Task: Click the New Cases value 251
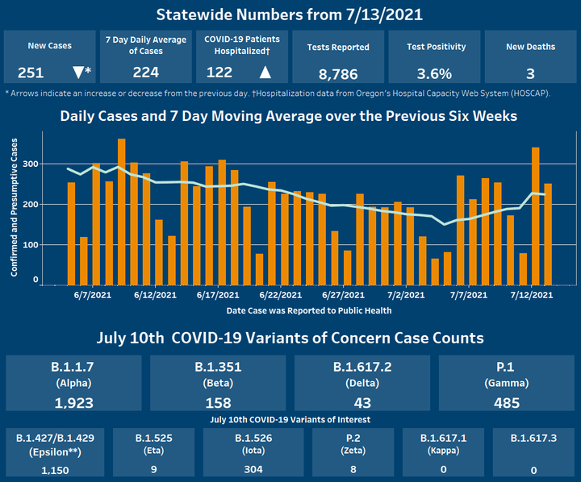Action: (31, 73)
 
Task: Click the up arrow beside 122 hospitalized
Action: (265, 73)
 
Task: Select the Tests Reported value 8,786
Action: (339, 74)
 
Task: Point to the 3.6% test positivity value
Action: (434, 73)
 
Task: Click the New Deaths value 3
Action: (530, 73)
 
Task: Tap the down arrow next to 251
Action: (77, 73)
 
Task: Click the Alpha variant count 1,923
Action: (73, 403)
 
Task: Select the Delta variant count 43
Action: (362, 403)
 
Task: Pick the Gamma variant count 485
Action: (507, 403)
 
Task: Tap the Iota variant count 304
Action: (253, 467)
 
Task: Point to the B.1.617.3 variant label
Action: (534, 438)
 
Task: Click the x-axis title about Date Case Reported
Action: (309, 310)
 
